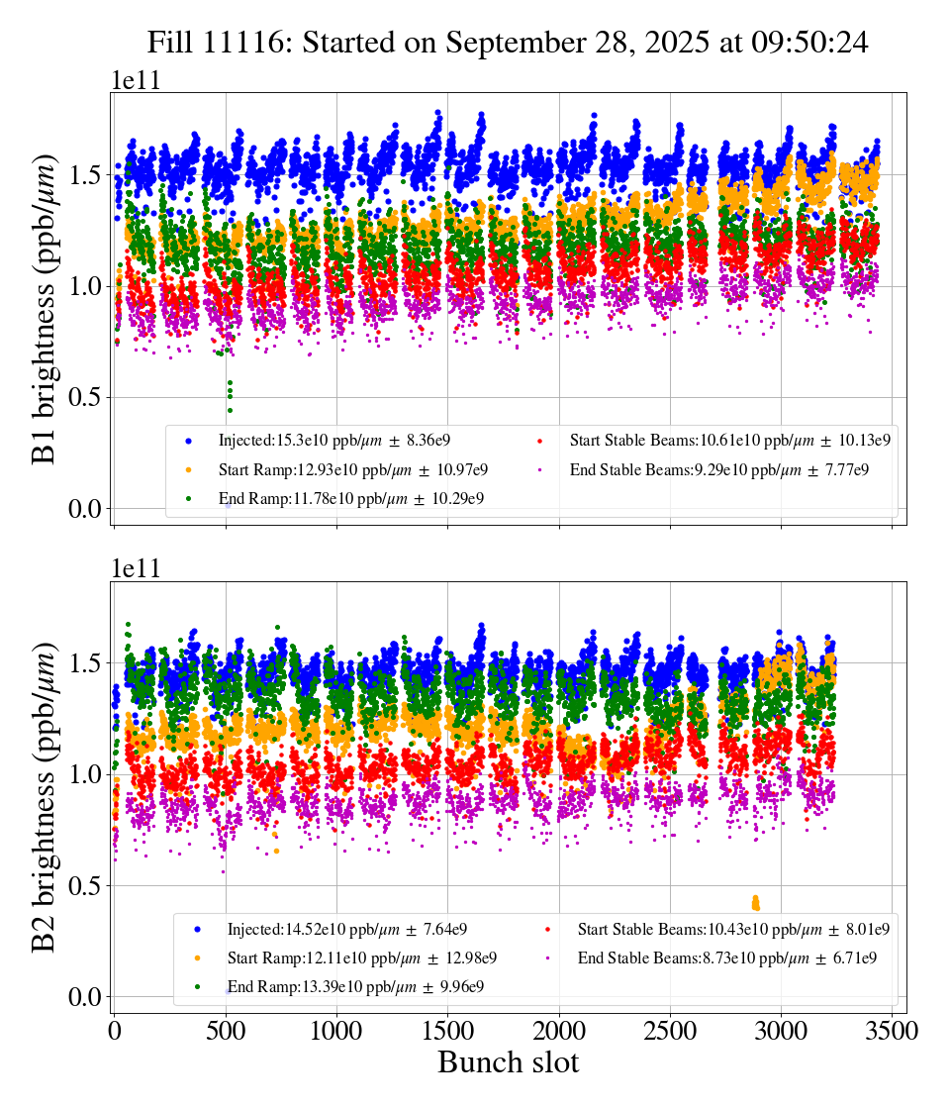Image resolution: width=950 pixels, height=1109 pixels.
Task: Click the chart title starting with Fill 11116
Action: coord(508,44)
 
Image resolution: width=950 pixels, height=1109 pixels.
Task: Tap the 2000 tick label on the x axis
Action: coord(559,1031)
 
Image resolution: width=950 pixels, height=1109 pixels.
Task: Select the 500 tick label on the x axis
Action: coord(226,1031)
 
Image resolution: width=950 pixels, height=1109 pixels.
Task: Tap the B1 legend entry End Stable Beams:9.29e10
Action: coord(718,469)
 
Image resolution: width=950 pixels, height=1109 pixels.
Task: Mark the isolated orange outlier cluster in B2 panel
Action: coord(756,902)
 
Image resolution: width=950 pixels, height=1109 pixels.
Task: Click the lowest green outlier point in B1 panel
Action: coord(230,410)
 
